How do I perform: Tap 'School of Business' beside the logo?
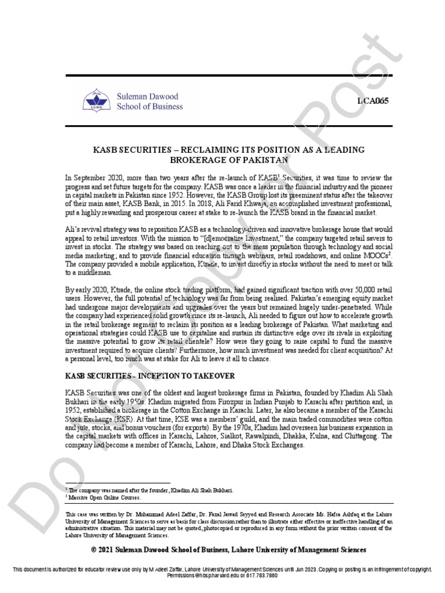(151, 107)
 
